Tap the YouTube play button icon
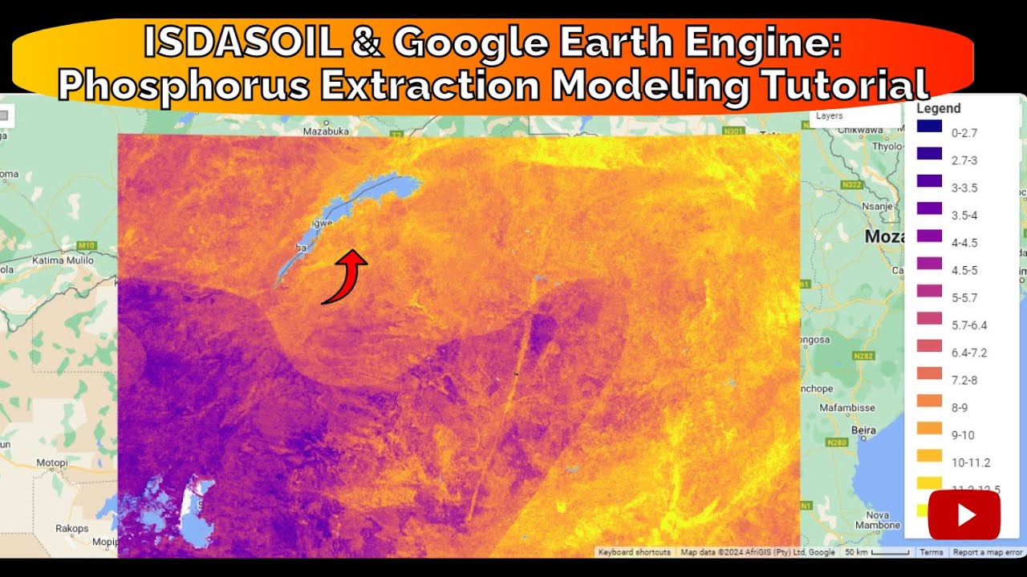point(964,514)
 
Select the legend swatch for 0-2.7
point(928,127)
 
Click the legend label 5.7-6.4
point(968,325)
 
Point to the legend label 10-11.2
point(971,462)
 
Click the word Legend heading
point(938,108)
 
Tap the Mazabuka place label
point(328,131)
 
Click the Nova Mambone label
point(878,520)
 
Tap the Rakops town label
point(72,529)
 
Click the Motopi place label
point(52,463)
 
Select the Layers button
point(830,116)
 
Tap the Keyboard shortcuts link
point(634,552)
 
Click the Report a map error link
point(987,552)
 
